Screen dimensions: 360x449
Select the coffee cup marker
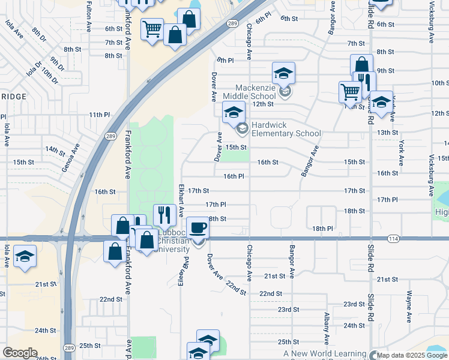coord(198,228)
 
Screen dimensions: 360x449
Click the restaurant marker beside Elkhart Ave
coord(164,214)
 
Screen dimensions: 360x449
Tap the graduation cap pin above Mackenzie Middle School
coord(283,74)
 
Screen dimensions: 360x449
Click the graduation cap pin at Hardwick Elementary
coord(234,112)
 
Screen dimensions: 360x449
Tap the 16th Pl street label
coord(234,176)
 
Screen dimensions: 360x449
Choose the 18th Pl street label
coord(322,229)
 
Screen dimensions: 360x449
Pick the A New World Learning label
coord(325,354)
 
